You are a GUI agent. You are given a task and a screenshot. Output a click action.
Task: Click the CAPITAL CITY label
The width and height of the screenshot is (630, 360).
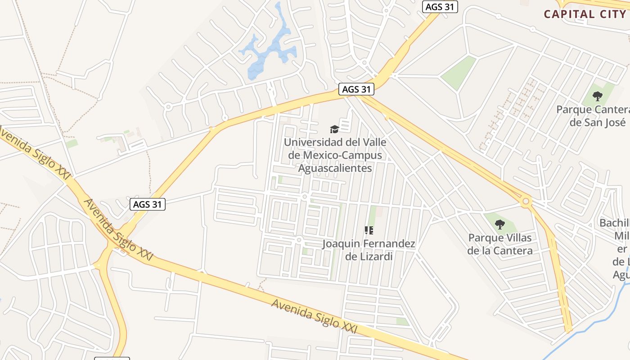click(x=585, y=14)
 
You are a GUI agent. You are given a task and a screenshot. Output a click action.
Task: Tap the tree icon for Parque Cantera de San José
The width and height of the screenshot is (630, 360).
click(x=598, y=96)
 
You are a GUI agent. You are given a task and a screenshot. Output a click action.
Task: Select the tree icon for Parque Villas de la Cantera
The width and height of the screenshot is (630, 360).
click(x=499, y=224)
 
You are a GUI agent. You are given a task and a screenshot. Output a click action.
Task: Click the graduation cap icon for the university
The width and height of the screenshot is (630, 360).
click(x=334, y=130)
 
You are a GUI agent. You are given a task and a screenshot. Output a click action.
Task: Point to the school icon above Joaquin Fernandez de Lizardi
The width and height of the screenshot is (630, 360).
click(x=369, y=231)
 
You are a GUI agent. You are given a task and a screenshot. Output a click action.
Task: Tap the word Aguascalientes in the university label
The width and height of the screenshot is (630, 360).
click(x=335, y=168)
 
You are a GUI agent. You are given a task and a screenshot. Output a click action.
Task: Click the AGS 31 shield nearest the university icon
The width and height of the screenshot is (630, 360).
click(x=356, y=89)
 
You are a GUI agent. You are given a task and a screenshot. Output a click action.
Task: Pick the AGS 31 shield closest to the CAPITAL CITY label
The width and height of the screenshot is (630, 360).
click(x=440, y=7)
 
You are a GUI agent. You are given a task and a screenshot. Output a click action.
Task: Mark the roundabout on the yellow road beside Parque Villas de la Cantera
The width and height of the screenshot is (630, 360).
click(x=526, y=201)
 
